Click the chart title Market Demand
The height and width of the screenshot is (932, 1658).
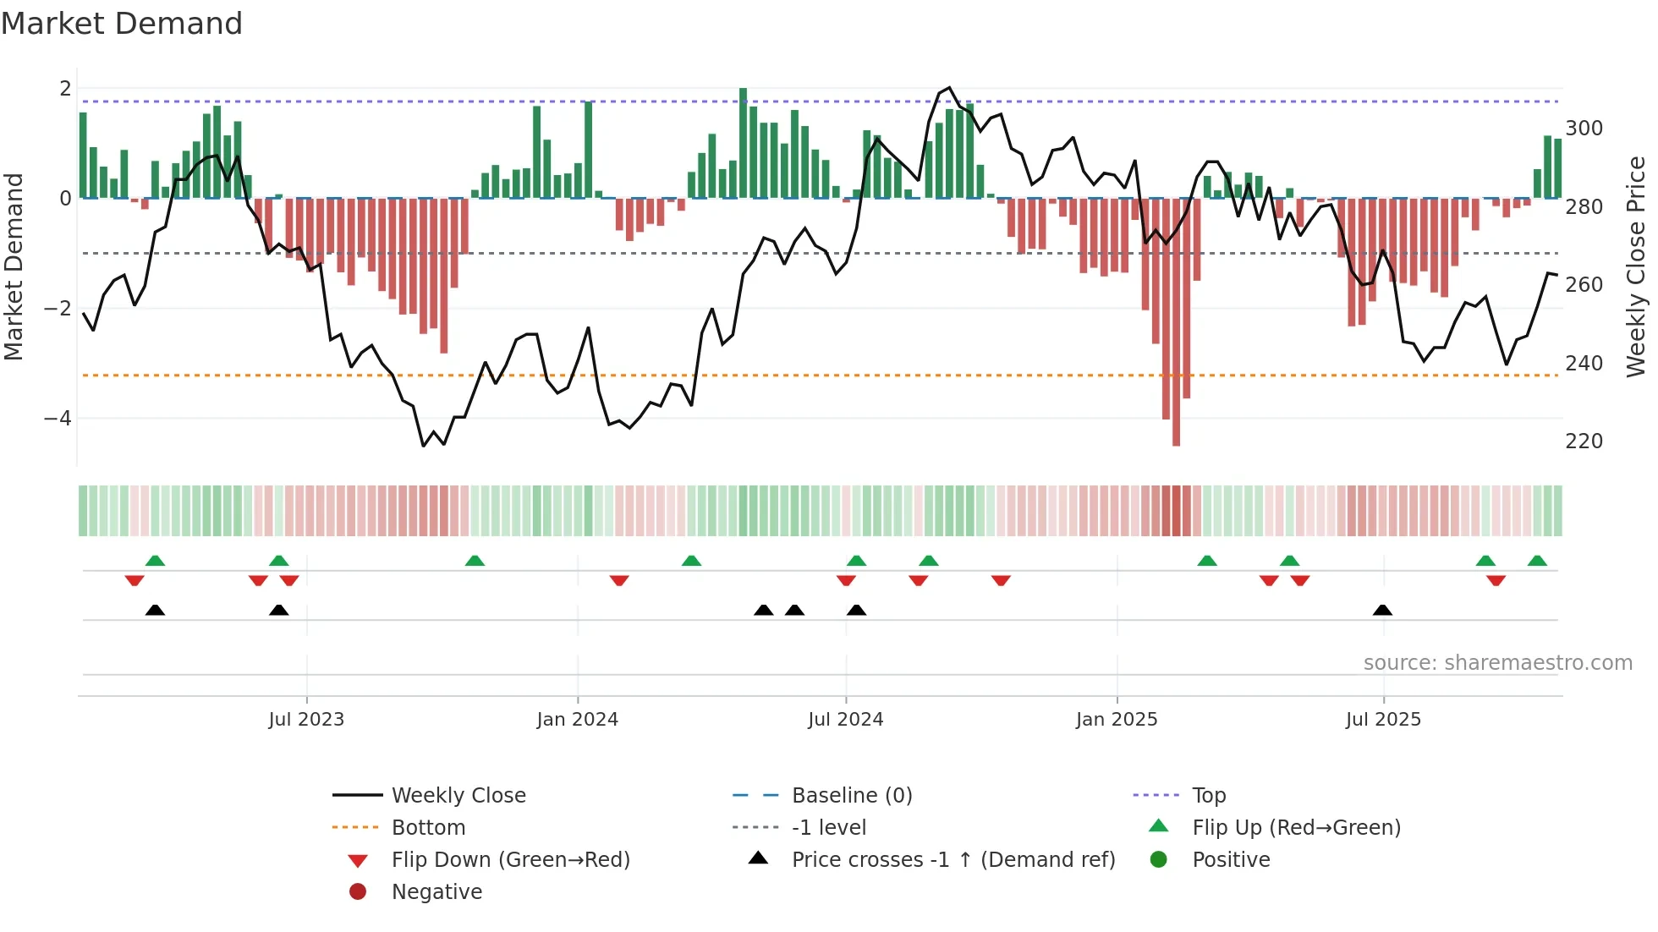tap(122, 24)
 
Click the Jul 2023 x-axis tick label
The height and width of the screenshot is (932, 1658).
tap(306, 720)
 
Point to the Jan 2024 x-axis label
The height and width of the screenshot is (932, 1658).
tap(577, 720)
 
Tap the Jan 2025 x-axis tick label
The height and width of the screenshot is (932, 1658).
tap(1116, 720)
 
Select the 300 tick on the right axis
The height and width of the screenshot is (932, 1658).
tap(1584, 129)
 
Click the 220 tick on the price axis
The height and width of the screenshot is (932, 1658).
tap(1584, 441)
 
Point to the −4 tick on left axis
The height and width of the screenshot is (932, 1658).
tap(58, 419)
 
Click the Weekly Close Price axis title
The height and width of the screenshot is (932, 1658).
tap(1636, 266)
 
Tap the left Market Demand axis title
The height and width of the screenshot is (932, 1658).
tap(14, 266)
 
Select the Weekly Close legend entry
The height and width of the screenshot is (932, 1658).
tap(458, 796)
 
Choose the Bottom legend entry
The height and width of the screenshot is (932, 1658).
tap(428, 828)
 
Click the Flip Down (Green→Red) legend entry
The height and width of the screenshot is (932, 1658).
tap(510, 860)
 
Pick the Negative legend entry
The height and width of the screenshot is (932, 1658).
tap(436, 892)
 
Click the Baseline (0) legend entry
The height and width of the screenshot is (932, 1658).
tap(851, 796)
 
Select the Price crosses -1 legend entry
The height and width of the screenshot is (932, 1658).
tap(953, 860)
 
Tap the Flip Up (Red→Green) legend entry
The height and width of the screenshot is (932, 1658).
tap(1296, 828)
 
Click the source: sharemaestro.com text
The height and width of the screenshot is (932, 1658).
tap(1497, 663)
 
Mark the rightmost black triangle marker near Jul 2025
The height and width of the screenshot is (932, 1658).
tap(1382, 611)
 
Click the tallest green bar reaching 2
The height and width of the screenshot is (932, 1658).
tap(743, 144)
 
